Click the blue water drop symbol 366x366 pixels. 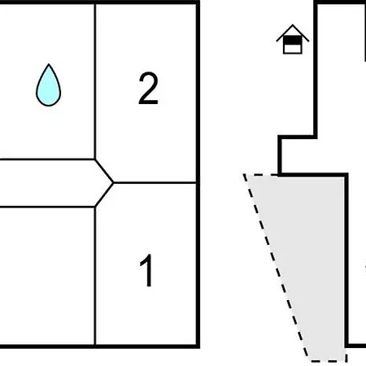tap(49, 87)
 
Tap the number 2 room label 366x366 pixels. tap(148, 89)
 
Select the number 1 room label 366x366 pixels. tap(146, 271)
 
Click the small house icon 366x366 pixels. tap(293, 40)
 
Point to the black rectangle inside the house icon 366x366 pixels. tap(293, 41)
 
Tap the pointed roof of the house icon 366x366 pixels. tap(293, 33)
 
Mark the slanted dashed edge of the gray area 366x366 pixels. tap(276, 268)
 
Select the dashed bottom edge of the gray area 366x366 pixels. tap(329, 361)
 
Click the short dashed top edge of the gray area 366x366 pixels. tap(260, 175)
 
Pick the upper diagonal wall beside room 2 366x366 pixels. tap(104, 171)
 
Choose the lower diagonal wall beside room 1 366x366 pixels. tap(104, 195)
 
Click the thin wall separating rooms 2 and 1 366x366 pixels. tap(155, 183)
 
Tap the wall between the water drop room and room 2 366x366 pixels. tap(95, 81)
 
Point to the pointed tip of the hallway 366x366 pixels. tap(113, 183)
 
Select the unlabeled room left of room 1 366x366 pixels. tap(47, 276)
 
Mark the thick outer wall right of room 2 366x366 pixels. tap(198, 92)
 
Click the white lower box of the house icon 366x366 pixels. tap(293, 49)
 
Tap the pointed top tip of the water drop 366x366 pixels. tap(49, 64)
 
